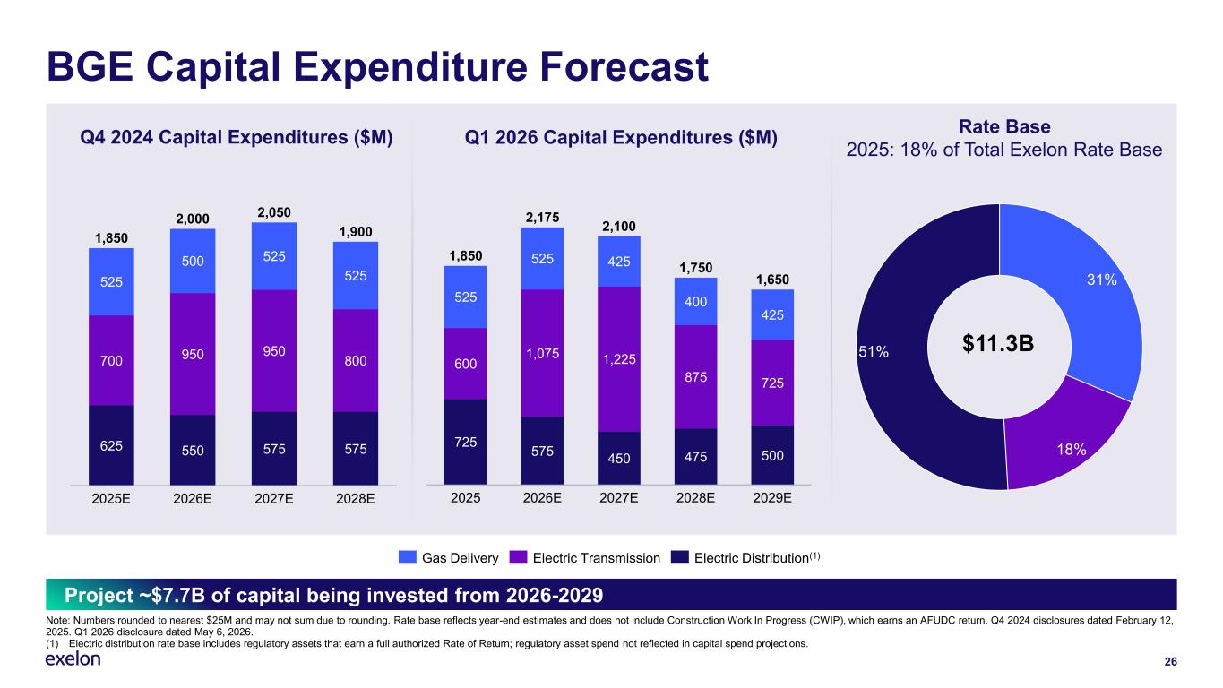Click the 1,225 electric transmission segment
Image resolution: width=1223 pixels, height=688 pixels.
tap(618, 359)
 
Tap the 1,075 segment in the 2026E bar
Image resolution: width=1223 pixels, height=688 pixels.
tap(542, 353)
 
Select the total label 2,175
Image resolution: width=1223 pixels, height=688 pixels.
tap(542, 218)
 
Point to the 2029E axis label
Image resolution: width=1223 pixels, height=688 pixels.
tap(772, 498)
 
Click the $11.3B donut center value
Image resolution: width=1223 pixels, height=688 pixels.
tap(998, 343)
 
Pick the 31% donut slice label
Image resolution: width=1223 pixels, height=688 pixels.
tap(1102, 279)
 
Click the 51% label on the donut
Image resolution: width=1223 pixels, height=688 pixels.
tap(874, 352)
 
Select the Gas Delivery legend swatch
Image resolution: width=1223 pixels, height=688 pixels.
tap(408, 557)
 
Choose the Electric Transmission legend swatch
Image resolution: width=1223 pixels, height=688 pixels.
tap(518, 557)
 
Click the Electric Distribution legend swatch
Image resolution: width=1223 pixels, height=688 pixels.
tap(680, 557)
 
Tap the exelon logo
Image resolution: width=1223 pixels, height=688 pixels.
tap(73, 659)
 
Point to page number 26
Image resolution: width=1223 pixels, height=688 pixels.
tap(1170, 662)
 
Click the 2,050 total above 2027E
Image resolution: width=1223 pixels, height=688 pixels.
tap(274, 212)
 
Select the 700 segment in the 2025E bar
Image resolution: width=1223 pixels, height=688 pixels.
tap(111, 360)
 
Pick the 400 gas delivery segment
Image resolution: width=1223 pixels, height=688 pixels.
tap(695, 301)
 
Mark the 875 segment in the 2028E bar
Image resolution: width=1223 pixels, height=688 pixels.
tap(695, 377)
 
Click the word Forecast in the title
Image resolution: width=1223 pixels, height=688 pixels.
tap(624, 67)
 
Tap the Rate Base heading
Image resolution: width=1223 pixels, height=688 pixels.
tap(1004, 126)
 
